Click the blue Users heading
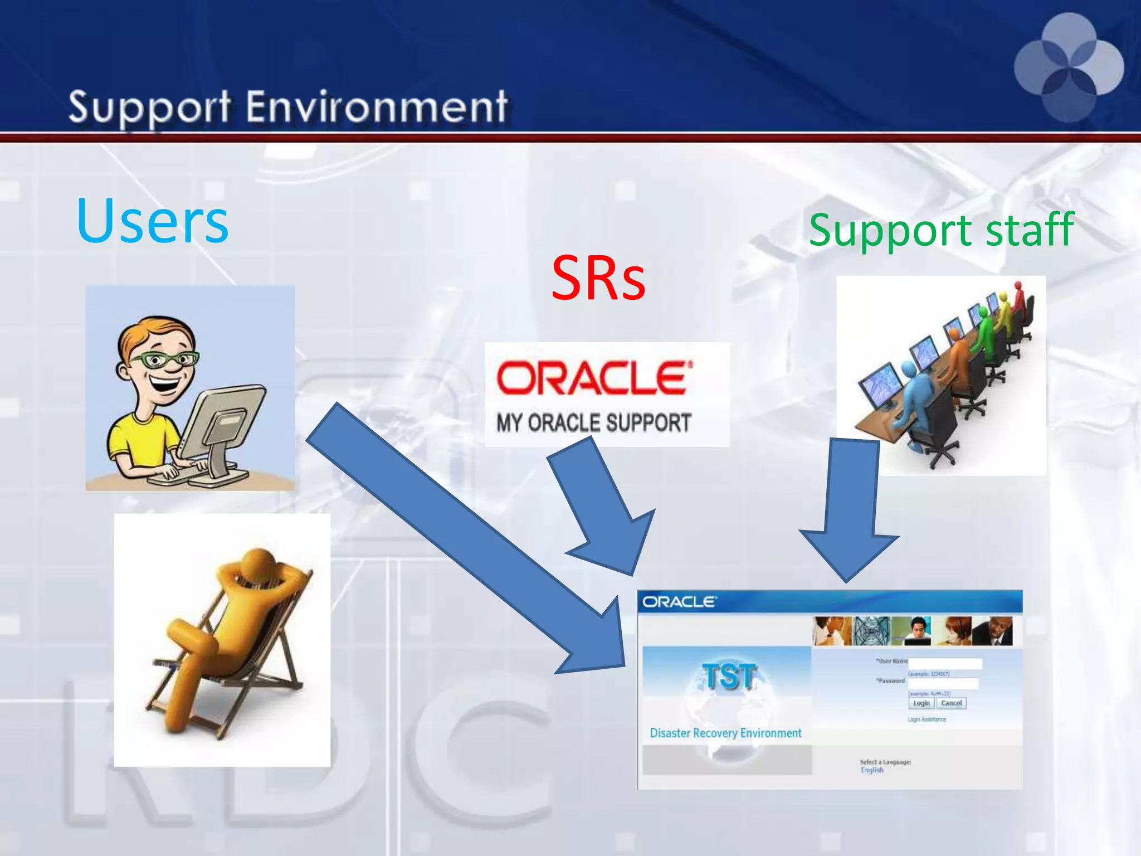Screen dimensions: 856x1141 pyautogui.click(x=152, y=221)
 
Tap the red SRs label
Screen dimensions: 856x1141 pyautogui.click(x=598, y=278)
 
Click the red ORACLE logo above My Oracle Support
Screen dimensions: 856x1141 pyautogui.click(x=594, y=378)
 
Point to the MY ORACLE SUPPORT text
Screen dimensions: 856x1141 pyautogui.click(x=594, y=423)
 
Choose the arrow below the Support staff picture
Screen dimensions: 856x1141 pyautogui.click(x=850, y=513)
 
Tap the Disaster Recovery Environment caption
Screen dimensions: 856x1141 pyautogui.click(x=725, y=733)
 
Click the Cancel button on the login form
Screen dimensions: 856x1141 pyautogui.click(x=951, y=703)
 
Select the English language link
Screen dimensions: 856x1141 pyautogui.click(x=872, y=770)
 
